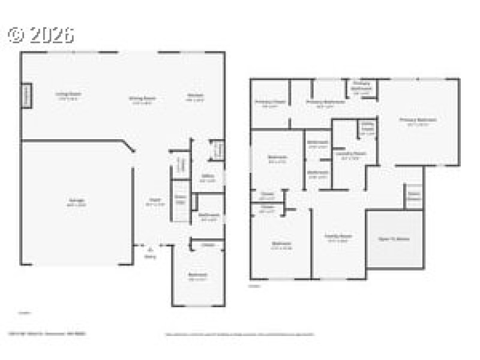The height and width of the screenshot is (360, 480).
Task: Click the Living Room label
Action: click(68, 94)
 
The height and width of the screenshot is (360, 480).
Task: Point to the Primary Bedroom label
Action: click(418, 121)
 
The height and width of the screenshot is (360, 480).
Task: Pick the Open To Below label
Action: click(394, 239)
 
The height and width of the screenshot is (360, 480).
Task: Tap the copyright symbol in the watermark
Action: click(16, 35)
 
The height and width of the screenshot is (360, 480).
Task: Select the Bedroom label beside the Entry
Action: click(197, 275)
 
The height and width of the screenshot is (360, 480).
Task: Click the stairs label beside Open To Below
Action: click(413, 196)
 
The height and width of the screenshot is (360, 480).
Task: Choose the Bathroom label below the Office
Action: click(209, 216)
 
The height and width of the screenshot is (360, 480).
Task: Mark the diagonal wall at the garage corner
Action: click(127, 147)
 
